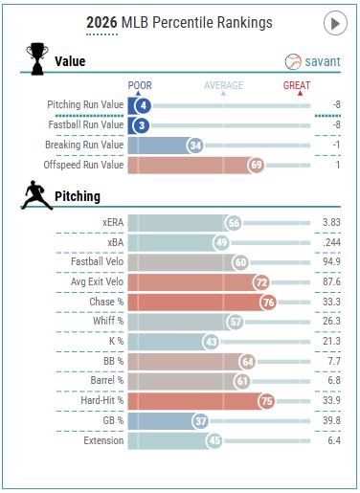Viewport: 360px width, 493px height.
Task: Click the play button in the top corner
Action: tap(335, 23)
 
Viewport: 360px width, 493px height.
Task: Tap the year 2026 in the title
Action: tap(101, 23)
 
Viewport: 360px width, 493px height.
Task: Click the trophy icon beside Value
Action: tap(37, 58)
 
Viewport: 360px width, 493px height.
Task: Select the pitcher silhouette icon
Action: tap(36, 195)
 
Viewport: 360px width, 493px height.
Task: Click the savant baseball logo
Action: tap(293, 61)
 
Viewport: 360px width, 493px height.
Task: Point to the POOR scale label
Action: tap(140, 85)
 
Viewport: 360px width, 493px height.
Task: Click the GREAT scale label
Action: tap(297, 85)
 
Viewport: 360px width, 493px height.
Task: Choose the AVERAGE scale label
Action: tap(223, 85)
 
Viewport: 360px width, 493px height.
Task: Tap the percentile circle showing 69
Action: tap(256, 165)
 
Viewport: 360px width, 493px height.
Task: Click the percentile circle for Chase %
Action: tap(268, 303)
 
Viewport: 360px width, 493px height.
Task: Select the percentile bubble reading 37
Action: tap(200, 421)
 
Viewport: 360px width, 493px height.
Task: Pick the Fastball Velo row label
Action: tap(97, 261)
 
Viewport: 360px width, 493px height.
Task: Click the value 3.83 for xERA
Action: tap(331, 222)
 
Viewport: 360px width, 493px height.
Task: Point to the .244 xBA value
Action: tap(331, 242)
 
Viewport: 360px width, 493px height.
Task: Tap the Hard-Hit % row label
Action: tap(102, 400)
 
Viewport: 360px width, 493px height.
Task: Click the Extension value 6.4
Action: tap(334, 440)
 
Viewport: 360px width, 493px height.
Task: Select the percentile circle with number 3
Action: tap(142, 125)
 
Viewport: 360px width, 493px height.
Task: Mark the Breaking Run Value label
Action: tap(84, 145)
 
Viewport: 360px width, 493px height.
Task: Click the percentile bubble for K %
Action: tap(211, 342)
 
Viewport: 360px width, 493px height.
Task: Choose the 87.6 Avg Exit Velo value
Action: tap(331, 281)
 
